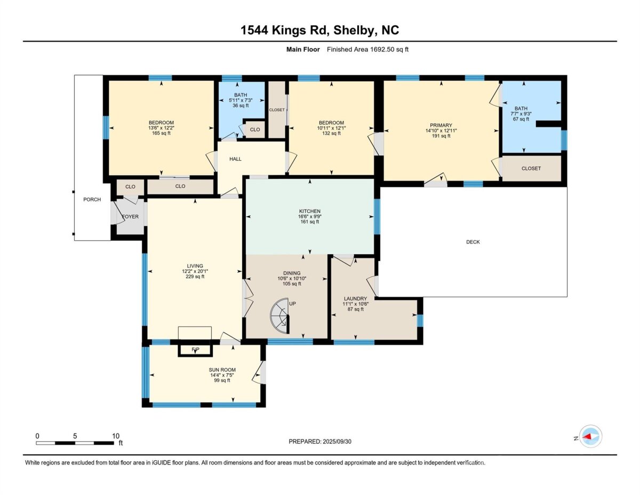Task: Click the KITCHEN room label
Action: point(309,211)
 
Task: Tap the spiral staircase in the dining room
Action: point(280,316)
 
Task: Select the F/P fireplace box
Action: point(195,350)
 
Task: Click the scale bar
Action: point(75,443)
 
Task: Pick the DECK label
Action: point(473,242)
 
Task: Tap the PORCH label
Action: point(92,200)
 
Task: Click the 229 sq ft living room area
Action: point(195,277)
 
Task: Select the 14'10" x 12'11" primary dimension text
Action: point(441,131)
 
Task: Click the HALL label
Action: point(235,159)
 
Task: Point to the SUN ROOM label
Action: point(222,370)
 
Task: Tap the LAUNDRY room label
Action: point(355,298)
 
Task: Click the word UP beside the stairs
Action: point(292,304)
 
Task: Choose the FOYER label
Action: point(130,217)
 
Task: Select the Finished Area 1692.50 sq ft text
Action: point(367,50)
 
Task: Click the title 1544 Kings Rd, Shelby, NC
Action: point(320,30)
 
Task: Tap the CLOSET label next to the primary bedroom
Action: point(531,169)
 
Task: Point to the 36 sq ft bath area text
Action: point(241,106)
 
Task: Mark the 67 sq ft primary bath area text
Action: point(521,119)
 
